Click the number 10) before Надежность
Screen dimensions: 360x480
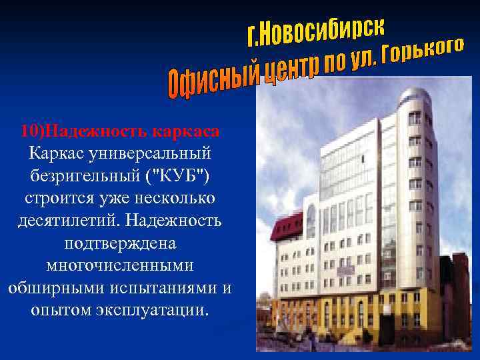click(33, 129)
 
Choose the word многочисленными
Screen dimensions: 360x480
click(119, 265)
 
